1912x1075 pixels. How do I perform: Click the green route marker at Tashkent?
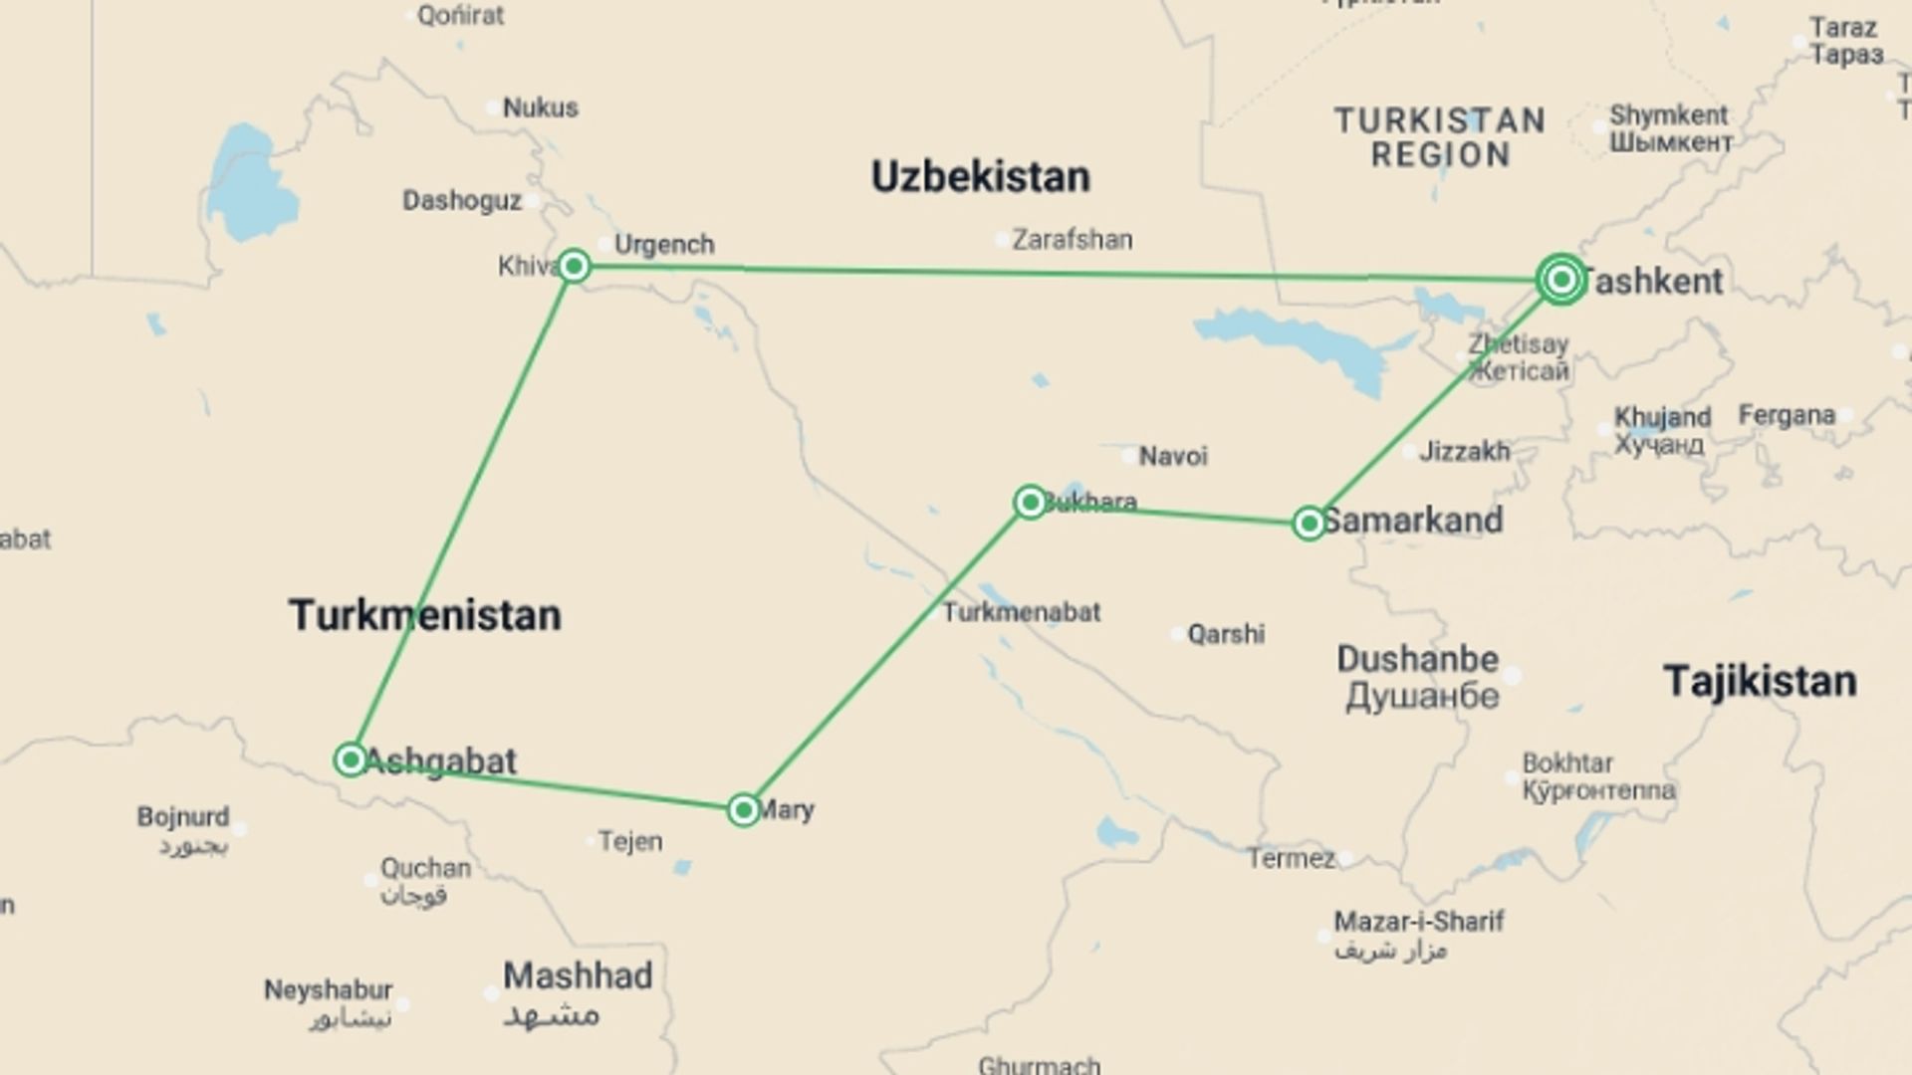pyautogui.click(x=1560, y=280)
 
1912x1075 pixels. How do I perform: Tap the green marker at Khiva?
pyautogui.click(x=574, y=266)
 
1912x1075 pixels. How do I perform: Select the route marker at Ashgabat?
pyautogui.click(x=351, y=759)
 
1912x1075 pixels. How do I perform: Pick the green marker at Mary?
pyautogui.click(x=743, y=810)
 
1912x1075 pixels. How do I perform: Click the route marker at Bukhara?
pyautogui.click(x=1030, y=502)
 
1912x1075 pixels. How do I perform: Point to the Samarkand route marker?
pyautogui.click(x=1309, y=523)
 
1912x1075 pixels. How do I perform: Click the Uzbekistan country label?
pyautogui.click(x=980, y=177)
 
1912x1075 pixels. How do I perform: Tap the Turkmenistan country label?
pyautogui.click(x=425, y=615)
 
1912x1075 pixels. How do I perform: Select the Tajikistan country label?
pyautogui.click(x=1760, y=682)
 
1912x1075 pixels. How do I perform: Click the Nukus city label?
pyautogui.click(x=540, y=107)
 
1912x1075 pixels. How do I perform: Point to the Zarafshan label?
pyautogui.click(x=1072, y=240)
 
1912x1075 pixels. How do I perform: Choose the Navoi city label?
pyautogui.click(x=1173, y=457)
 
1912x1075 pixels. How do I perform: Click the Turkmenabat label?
pyautogui.click(x=1022, y=612)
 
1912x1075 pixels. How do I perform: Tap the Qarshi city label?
pyautogui.click(x=1226, y=634)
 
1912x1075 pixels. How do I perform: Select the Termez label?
pyautogui.click(x=1292, y=858)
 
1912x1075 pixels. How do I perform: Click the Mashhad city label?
pyautogui.click(x=578, y=975)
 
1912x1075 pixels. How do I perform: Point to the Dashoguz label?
pyautogui.click(x=461, y=201)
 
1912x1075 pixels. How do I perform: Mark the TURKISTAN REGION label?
pyautogui.click(x=1440, y=138)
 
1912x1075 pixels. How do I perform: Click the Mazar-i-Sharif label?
pyautogui.click(x=1418, y=922)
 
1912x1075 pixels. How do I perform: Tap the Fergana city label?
pyautogui.click(x=1787, y=415)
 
